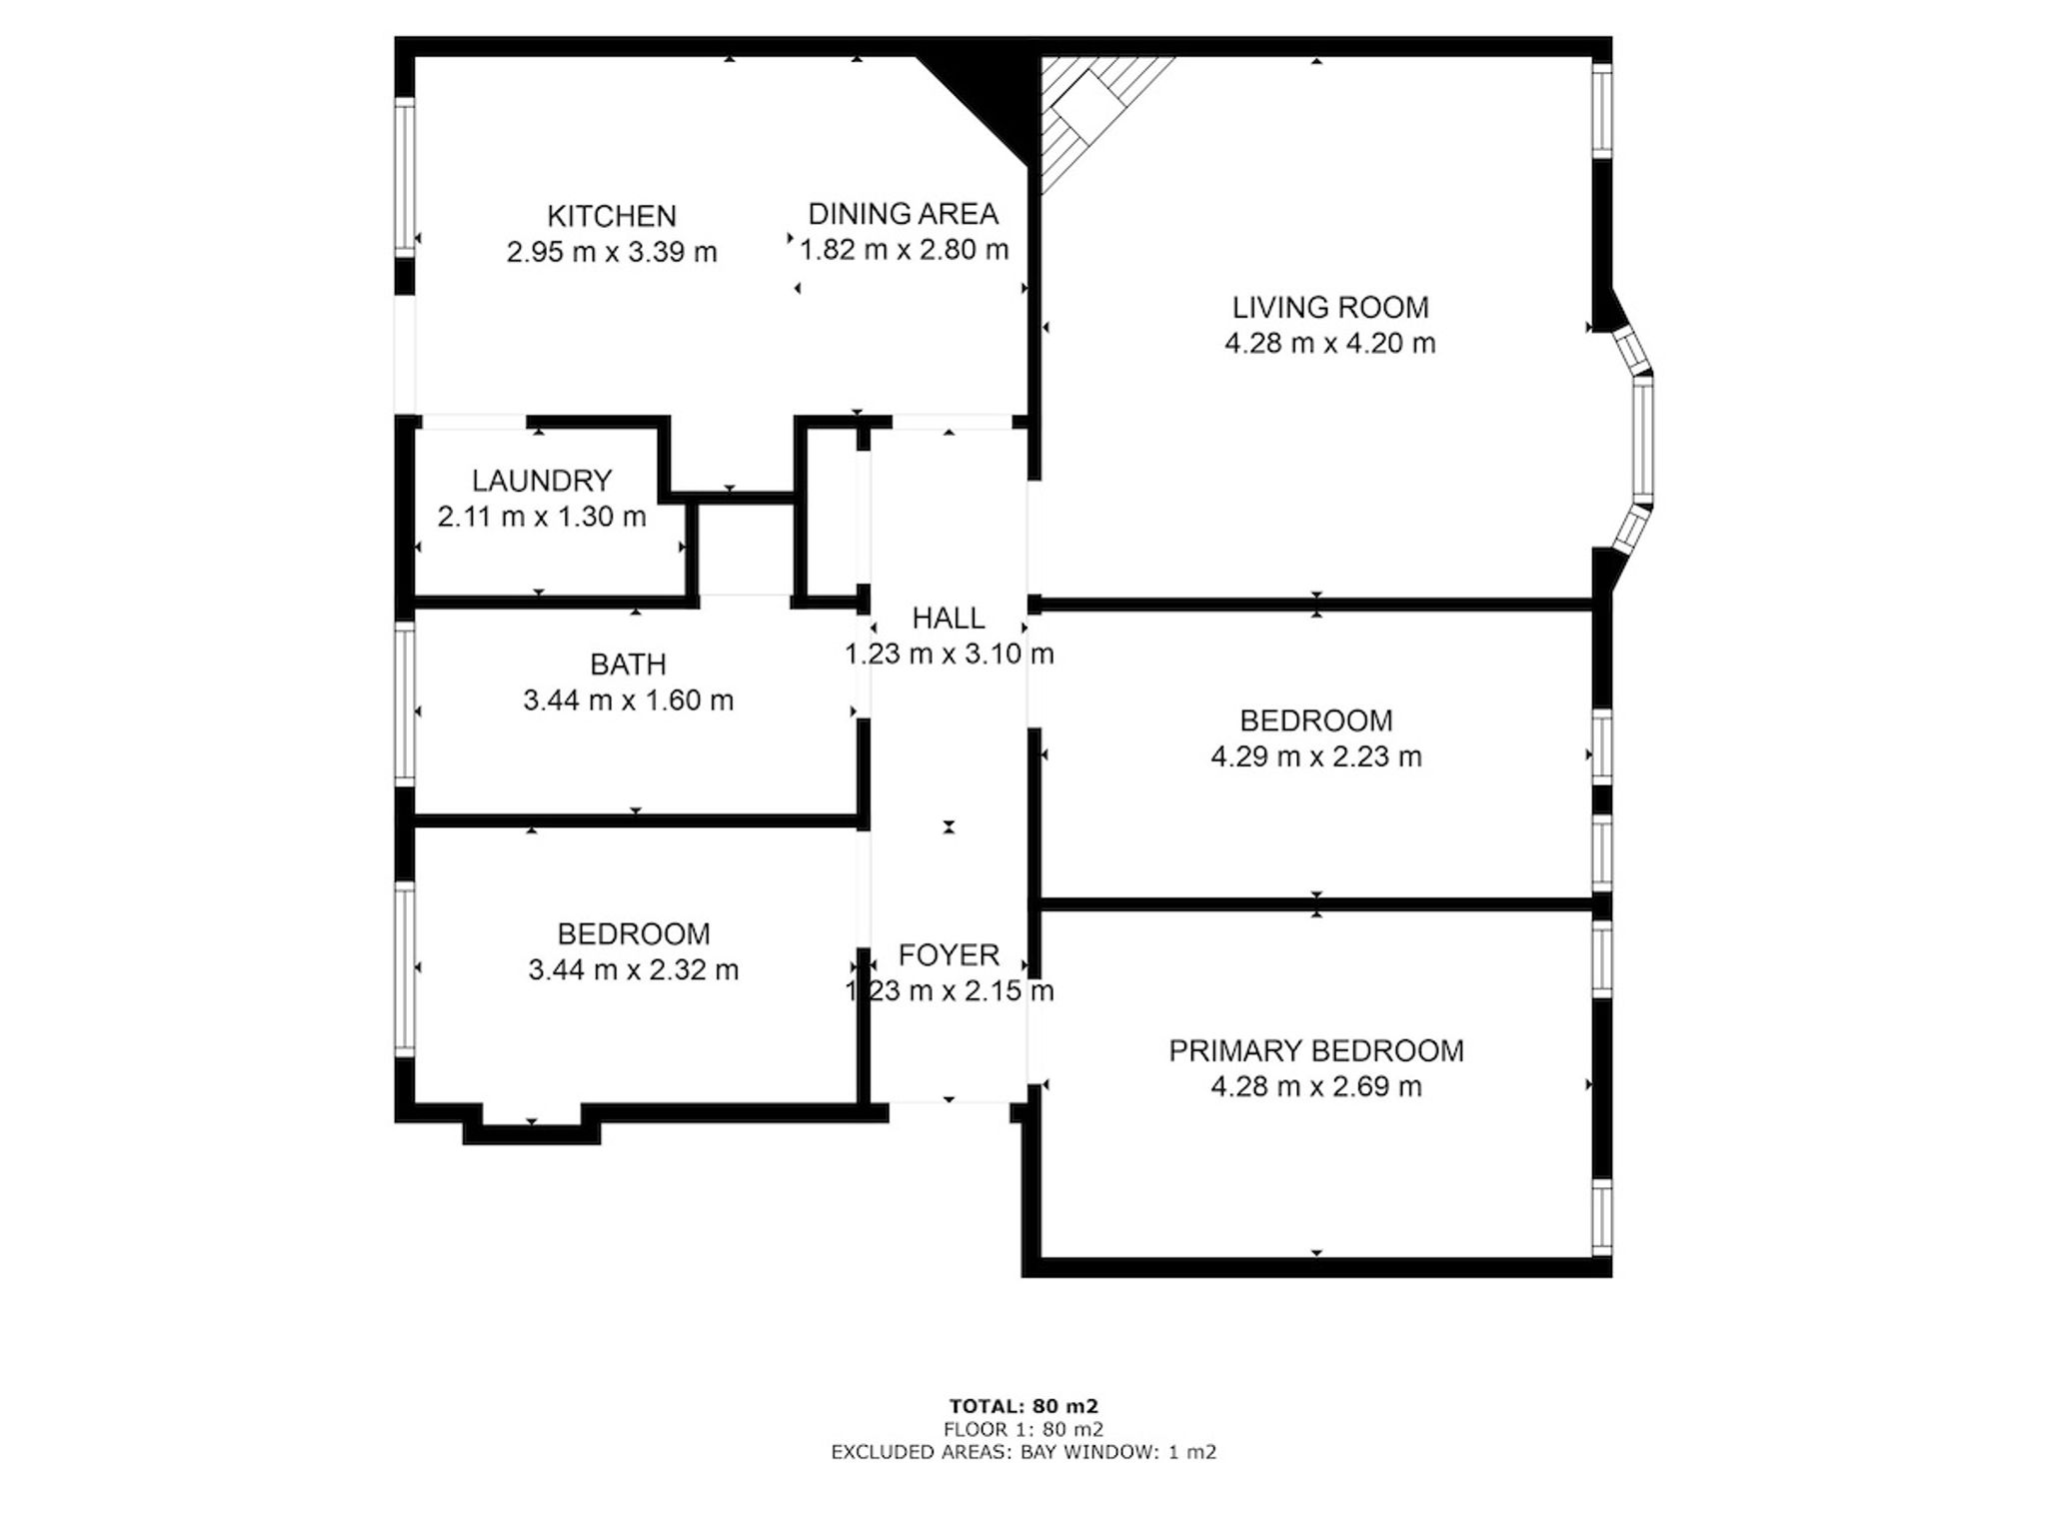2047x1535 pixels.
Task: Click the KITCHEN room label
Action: coord(612,216)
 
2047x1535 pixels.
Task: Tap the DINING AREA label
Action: coord(903,214)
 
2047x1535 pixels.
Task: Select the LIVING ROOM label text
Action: coord(1330,307)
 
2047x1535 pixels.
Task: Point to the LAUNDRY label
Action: coord(542,481)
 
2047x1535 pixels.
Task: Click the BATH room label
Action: coord(628,665)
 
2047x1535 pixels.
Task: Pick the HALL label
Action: coord(949,618)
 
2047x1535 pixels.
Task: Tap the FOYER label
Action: coord(949,955)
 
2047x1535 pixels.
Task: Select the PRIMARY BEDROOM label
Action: coord(1316,1050)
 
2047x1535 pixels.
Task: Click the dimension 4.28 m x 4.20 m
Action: coord(1330,343)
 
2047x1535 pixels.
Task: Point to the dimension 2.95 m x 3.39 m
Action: coord(612,252)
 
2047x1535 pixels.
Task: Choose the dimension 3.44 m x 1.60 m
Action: coord(628,701)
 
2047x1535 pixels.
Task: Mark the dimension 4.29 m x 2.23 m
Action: coord(1316,757)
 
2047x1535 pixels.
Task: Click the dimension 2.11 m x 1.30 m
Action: coord(542,517)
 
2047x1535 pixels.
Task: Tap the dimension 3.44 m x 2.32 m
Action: coord(634,970)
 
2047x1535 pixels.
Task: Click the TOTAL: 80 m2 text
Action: coord(1023,1407)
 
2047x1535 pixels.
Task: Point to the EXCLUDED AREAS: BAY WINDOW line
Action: coord(1023,1452)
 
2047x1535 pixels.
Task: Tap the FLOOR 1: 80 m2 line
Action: coord(1023,1430)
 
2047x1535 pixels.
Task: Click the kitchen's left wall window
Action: coord(405,177)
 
